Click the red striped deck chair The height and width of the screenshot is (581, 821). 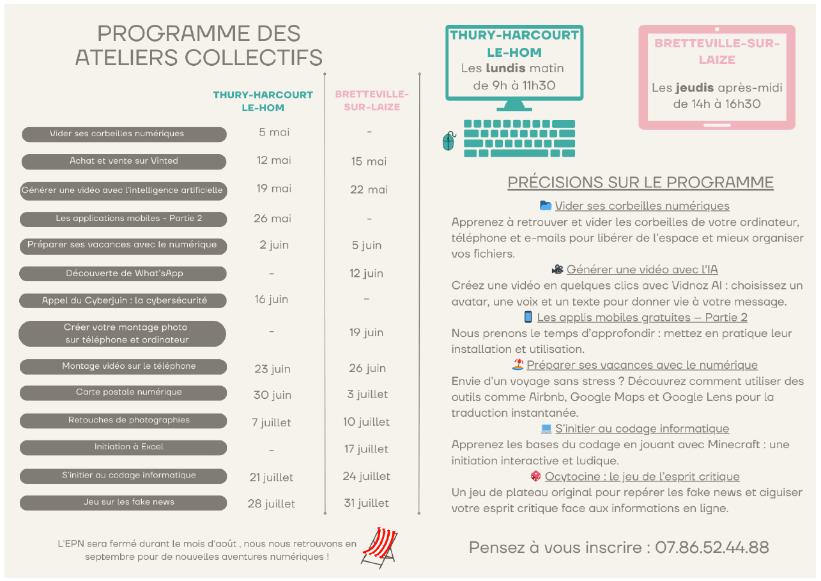[x=380, y=548]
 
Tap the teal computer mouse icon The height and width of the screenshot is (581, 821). [x=449, y=141]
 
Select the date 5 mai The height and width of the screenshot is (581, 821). [x=274, y=132]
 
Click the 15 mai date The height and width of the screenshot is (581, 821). [x=369, y=161]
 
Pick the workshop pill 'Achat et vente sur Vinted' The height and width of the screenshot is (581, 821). [x=124, y=161]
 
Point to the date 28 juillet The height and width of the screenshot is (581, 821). [x=272, y=504]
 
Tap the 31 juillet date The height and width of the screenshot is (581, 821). [x=366, y=503]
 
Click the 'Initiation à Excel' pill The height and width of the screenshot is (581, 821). [x=123, y=447]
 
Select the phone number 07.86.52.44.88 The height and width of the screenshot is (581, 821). [x=712, y=547]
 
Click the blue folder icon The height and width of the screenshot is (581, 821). [x=546, y=205]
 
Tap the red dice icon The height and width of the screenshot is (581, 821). [x=536, y=476]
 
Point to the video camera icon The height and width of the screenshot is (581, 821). [x=558, y=270]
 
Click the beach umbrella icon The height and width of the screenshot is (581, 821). [x=518, y=364]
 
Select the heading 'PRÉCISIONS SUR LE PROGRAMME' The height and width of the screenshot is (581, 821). [x=640, y=182]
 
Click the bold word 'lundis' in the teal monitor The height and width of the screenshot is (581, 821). [x=505, y=68]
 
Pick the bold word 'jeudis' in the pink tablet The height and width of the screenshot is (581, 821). [x=694, y=88]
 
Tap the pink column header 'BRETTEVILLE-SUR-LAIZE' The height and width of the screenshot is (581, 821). [x=372, y=100]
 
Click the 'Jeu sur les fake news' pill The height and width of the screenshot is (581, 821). [x=123, y=502]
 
